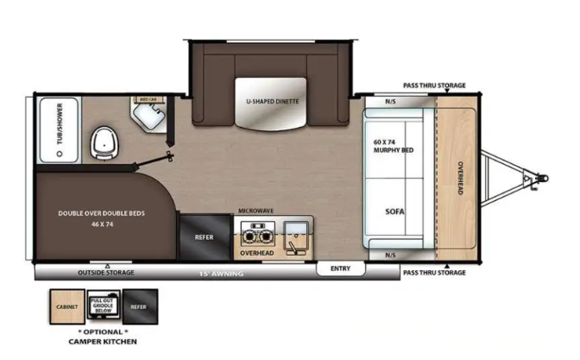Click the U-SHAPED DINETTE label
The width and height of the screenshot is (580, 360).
click(x=273, y=101)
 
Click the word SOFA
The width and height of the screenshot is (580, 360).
click(x=396, y=211)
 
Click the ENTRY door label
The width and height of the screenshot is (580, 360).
click(x=340, y=268)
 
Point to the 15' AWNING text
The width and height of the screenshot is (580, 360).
click(x=220, y=274)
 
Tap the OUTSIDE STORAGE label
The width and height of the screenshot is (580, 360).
click(x=106, y=273)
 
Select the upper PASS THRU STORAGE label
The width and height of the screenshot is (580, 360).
click(x=435, y=85)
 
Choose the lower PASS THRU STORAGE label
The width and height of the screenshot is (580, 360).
click(x=434, y=273)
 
